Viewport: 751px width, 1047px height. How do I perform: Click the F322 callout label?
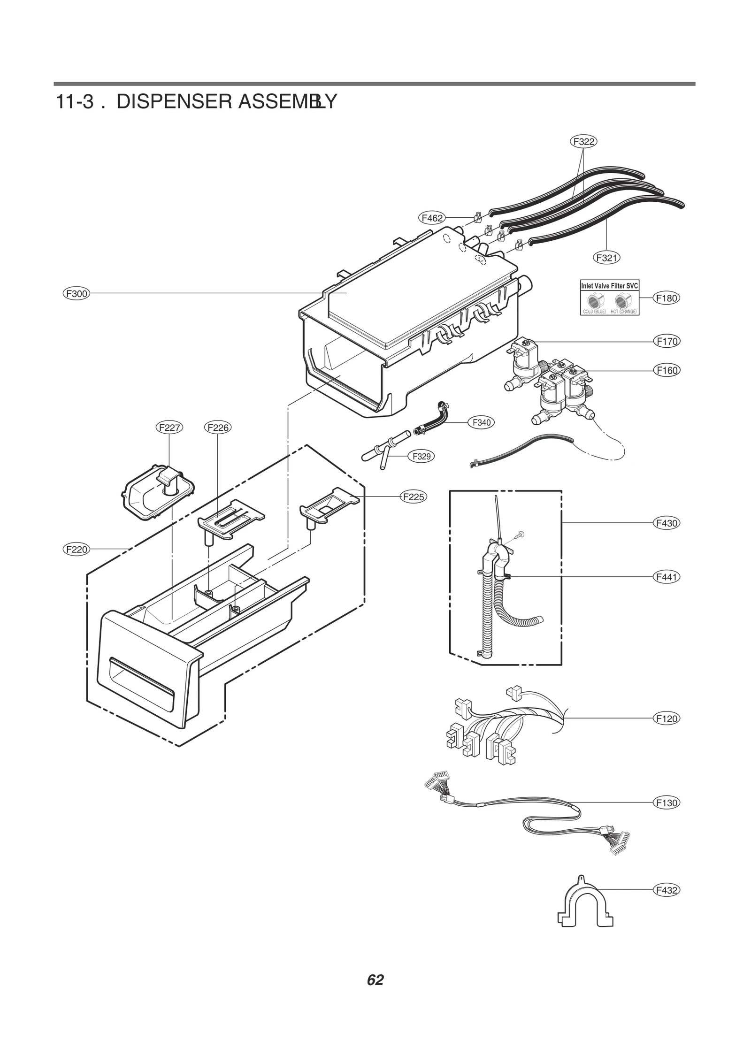pyautogui.click(x=583, y=141)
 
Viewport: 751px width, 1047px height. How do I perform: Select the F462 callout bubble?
pyautogui.click(x=432, y=218)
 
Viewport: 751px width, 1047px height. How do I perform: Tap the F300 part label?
pyautogui.click(x=76, y=294)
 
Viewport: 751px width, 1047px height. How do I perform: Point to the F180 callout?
pyautogui.click(x=667, y=298)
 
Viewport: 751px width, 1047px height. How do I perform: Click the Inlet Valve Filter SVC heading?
pyautogui.click(x=609, y=286)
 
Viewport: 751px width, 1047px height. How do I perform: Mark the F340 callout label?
pyautogui.click(x=482, y=422)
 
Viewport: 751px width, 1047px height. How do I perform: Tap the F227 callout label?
pyautogui.click(x=169, y=428)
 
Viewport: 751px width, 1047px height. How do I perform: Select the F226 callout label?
pyautogui.click(x=218, y=428)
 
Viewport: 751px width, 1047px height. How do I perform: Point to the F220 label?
pyautogui.click(x=76, y=549)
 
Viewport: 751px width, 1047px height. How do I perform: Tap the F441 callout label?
pyautogui.click(x=667, y=577)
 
